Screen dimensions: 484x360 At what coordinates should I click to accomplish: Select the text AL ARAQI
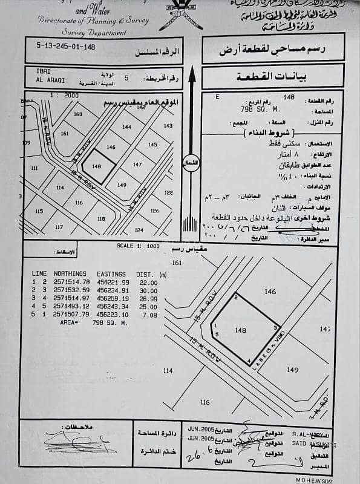coord(41,80)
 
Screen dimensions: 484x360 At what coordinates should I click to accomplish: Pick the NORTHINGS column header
coord(71,274)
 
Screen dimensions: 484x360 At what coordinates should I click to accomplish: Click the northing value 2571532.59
coord(71,290)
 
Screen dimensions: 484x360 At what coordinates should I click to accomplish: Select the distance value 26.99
coord(148,298)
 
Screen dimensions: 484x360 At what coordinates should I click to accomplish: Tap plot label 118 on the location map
coord(101,219)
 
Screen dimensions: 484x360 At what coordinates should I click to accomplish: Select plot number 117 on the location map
coord(59,227)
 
